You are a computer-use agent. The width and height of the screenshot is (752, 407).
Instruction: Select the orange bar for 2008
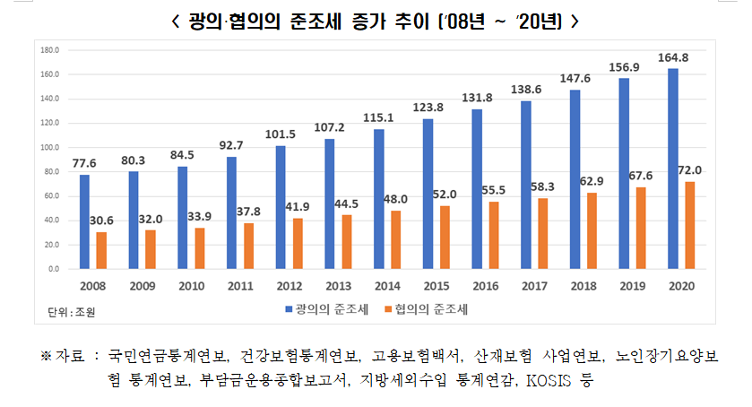(100, 250)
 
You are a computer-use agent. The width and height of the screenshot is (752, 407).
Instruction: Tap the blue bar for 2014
(378, 199)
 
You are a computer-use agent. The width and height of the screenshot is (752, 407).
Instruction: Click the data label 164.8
(674, 58)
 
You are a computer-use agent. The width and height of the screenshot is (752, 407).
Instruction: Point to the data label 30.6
(100, 221)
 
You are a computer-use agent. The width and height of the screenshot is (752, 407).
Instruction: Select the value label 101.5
(281, 134)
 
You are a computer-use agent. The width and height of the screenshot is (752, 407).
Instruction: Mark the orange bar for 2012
(297, 243)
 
